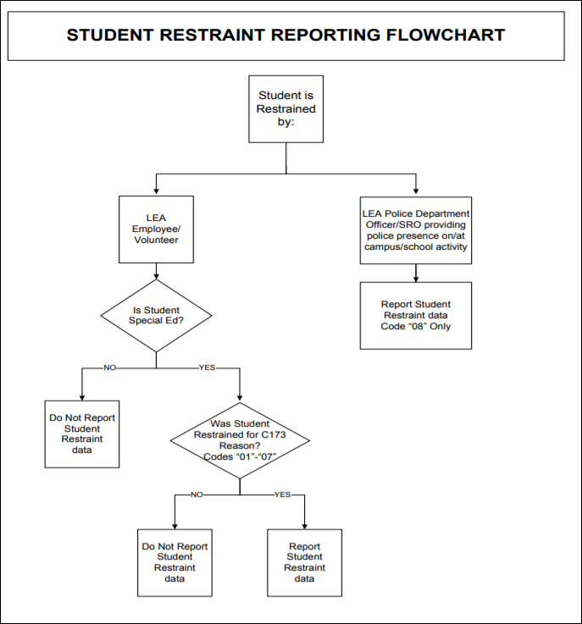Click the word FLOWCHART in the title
click(x=445, y=35)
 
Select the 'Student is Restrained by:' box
click(x=286, y=108)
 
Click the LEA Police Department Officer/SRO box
click(x=415, y=230)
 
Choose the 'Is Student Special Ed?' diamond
click(x=156, y=315)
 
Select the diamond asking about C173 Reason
click(x=240, y=439)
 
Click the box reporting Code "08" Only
click(x=415, y=315)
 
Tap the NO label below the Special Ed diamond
click(x=109, y=368)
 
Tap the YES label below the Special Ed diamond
click(x=207, y=368)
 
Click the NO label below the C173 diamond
click(x=197, y=494)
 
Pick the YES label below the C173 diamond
click(x=282, y=494)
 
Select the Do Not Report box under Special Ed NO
click(x=82, y=433)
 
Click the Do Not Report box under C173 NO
click(x=175, y=562)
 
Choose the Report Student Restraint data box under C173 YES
click(x=304, y=562)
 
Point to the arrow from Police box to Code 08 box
click(x=415, y=273)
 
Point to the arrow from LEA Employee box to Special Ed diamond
click(x=156, y=271)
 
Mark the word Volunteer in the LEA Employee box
click(x=156, y=240)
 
